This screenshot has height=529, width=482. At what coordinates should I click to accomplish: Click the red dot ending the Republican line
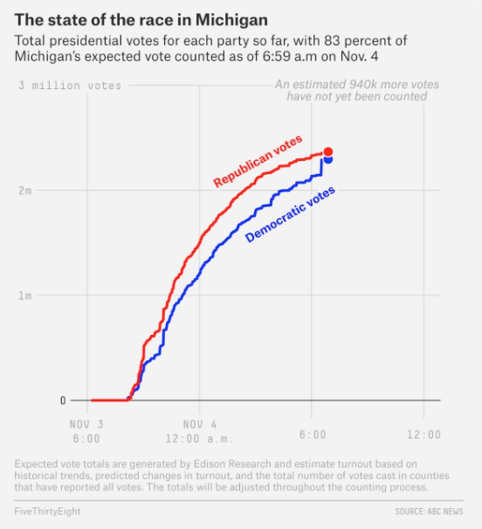click(x=328, y=152)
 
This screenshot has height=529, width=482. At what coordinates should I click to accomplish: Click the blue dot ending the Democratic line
click(x=328, y=160)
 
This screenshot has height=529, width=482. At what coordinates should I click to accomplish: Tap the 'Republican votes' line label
click(x=258, y=161)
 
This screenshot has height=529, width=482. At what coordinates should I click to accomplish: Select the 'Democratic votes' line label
click(x=290, y=214)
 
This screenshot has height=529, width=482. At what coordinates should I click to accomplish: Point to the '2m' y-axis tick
click(x=25, y=191)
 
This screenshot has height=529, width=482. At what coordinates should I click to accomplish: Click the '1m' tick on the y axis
click(x=25, y=296)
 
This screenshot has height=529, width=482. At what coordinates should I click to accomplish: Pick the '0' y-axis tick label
click(x=63, y=400)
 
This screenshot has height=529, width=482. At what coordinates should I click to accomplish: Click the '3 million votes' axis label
click(x=70, y=86)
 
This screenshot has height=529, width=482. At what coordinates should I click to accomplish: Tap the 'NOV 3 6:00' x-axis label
click(x=86, y=431)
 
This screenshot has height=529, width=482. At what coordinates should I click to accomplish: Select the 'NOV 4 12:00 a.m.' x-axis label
click(x=199, y=431)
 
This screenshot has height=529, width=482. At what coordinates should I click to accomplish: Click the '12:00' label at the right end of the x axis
click(x=424, y=435)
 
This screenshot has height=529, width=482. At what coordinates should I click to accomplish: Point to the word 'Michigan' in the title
click(x=231, y=20)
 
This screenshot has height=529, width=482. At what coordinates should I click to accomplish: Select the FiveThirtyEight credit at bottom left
click(x=47, y=512)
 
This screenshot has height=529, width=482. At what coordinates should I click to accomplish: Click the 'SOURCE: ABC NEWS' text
click(x=429, y=512)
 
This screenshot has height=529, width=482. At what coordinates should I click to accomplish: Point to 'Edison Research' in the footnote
click(x=232, y=464)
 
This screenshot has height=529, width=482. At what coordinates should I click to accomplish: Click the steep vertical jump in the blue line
click(x=321, y=167)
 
